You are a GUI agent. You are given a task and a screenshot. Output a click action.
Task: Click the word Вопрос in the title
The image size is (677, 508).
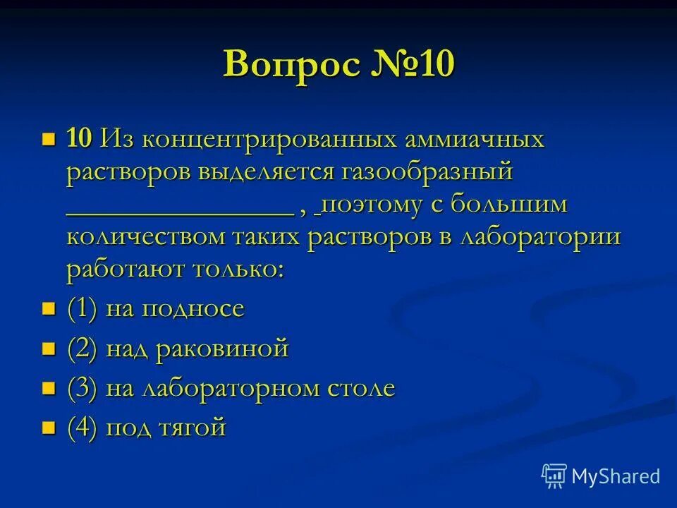click(289, 65)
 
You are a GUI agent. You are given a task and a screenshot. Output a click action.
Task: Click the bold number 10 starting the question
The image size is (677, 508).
click(79, 138)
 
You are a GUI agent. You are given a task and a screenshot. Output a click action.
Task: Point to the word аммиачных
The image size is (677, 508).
click(474, 138)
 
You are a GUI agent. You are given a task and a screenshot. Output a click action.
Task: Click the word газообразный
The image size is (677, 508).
click(426, 171)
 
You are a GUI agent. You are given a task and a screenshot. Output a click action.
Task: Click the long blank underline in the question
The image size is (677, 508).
click(180, 212)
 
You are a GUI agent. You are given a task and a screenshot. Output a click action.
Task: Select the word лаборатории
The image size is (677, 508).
click(539, 237)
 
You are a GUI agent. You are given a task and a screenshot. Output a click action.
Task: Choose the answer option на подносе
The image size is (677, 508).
click(175, 309)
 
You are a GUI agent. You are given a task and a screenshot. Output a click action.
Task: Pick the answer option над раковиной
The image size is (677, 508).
click(197, 349)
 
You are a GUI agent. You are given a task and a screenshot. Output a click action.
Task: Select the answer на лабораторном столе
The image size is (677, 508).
click(250, 388)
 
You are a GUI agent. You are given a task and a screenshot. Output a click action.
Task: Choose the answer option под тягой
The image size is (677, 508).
click(166, 428)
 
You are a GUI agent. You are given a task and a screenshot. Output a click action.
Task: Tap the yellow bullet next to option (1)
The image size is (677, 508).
click(49, 308)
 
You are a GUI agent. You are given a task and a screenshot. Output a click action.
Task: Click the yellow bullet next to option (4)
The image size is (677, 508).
click(49, 427)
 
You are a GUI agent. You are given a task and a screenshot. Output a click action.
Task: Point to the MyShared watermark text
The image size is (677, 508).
click(616, 476)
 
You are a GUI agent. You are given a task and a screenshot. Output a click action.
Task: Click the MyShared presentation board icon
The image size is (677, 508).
click(554, 476)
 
